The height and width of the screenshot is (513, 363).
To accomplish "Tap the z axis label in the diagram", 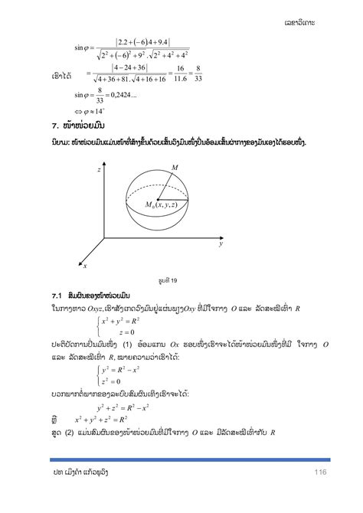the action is click(x=99, y=172).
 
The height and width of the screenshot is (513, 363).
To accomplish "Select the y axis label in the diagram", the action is click(x=219, y=245).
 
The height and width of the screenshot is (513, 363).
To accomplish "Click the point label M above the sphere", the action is click(x=175, y=168).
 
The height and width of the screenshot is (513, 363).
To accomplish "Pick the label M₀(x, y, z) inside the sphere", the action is click(x=164, y=204).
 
